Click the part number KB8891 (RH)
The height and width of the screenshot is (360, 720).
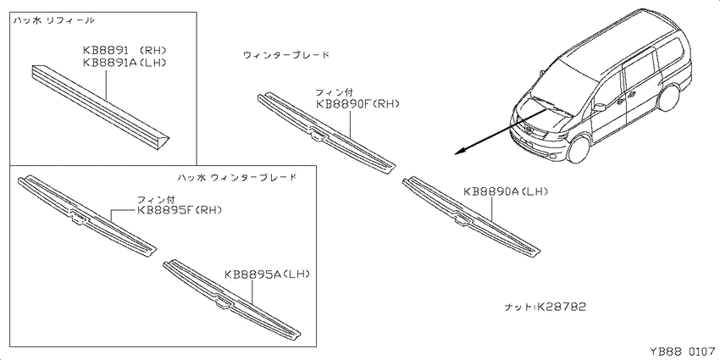tap(125, 50)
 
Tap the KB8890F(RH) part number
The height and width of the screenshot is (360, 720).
tap(357, 104)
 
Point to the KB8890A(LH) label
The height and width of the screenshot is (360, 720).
tap(506, 191)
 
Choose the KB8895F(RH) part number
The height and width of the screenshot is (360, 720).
tap(180, 210)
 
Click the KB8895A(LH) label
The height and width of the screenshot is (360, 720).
tap(268, 274)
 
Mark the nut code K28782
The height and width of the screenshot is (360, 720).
tap(562, 307)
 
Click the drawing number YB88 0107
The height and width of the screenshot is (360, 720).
tap(684, 352)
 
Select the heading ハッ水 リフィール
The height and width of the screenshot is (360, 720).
tap(53, 20)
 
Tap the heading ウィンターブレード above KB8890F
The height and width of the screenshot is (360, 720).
tap(286, 55)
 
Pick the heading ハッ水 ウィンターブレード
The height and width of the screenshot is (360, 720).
tap(236, 176)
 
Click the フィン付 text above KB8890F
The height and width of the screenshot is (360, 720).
tap(335, 92)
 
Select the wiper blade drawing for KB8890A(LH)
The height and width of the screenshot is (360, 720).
tap(471, 216)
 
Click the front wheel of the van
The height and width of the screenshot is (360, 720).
tap(578, 149)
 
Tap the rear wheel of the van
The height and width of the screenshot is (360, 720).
tap(668, 97)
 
